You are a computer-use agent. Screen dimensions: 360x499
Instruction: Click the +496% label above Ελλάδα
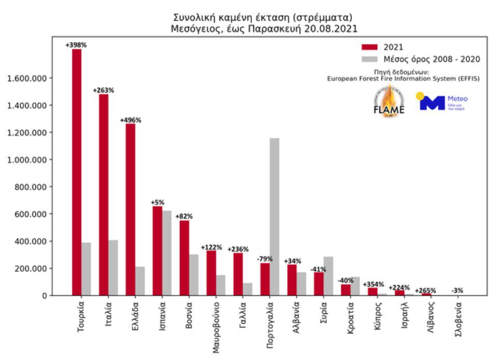pyautogui.click(x=131, y=120)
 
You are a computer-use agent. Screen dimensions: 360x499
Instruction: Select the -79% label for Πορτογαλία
pyautogui.click(x=265, y=259)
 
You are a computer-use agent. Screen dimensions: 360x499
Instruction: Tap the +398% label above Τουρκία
pyautogui.click(x=76, y=46)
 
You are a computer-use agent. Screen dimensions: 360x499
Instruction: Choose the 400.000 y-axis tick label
pyautogui.click(x=29, y=241)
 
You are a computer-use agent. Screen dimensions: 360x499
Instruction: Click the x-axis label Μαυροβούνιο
pyautogui.click(x=217, y=326)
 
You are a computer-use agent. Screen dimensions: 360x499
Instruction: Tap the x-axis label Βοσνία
pyautogui.click(x=190, y=314)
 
